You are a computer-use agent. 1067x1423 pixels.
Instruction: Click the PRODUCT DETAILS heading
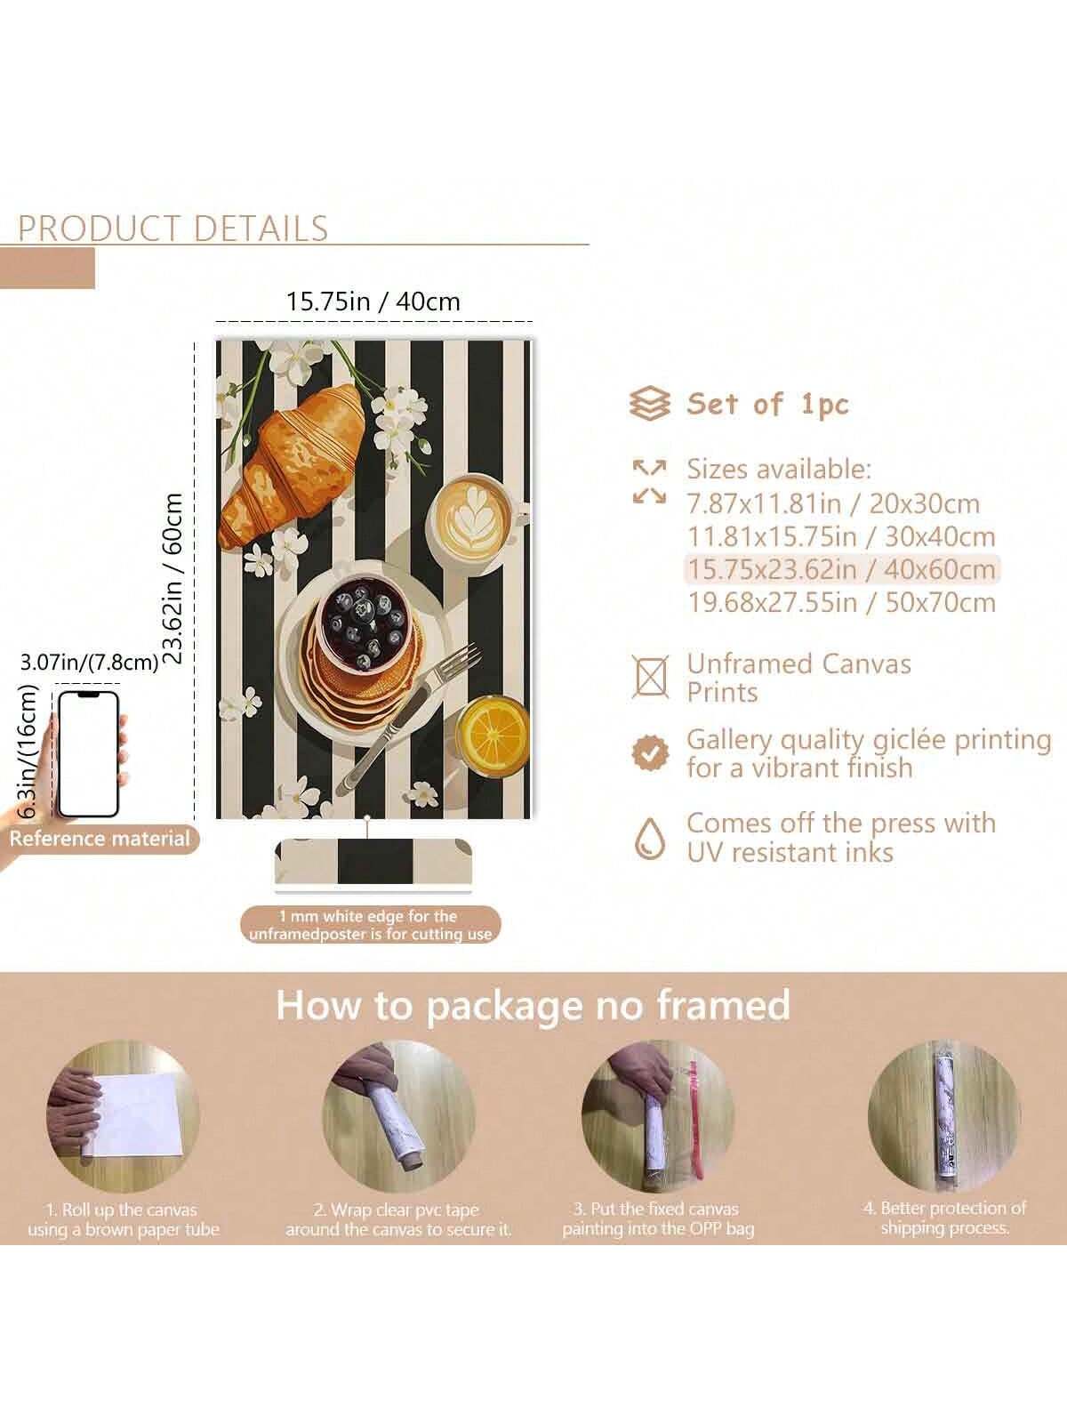(173, 229)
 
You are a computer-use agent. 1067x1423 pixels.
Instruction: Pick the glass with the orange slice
(493, 735)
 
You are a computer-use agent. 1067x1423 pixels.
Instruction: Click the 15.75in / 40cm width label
(373, 301)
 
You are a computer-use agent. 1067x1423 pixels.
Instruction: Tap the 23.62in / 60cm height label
(173, 577)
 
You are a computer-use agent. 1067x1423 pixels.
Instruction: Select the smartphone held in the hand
(89, 755)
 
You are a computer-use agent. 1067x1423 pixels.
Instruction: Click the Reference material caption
(99, 839)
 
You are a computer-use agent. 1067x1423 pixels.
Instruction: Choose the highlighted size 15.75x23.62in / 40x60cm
(841, 570)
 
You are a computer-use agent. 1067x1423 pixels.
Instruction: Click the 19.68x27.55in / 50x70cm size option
(841, 603)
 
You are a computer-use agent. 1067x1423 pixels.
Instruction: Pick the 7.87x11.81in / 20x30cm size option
(833, 503)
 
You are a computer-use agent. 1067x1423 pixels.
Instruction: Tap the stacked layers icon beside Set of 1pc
(649, 404)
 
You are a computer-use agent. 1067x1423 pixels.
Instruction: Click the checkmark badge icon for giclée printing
(650, 753)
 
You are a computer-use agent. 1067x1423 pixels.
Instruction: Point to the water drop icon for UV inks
(650, 839)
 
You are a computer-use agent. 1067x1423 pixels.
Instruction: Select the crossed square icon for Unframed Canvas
(650, 676)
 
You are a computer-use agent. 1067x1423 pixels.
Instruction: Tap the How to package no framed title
(533, 1006)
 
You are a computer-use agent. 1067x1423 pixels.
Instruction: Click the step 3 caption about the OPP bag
(658, 1219)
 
